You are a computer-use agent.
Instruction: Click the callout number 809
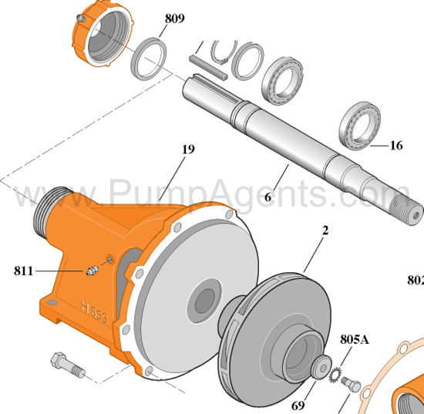174,18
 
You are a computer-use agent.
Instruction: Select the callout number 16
396,144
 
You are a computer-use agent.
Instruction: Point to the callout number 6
268,197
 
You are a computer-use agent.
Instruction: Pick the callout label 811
25,271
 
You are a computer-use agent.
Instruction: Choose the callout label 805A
355,339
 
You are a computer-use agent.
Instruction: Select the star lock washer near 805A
336,376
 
